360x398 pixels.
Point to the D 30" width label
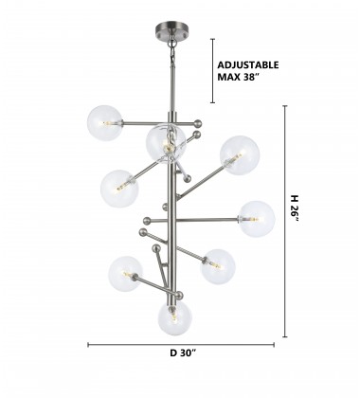[183, 353]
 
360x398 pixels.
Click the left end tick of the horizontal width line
[88, 345]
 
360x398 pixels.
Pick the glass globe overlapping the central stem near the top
[167, 143]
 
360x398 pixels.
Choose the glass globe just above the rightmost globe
[240, 154]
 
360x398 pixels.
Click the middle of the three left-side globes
[119, 187]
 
